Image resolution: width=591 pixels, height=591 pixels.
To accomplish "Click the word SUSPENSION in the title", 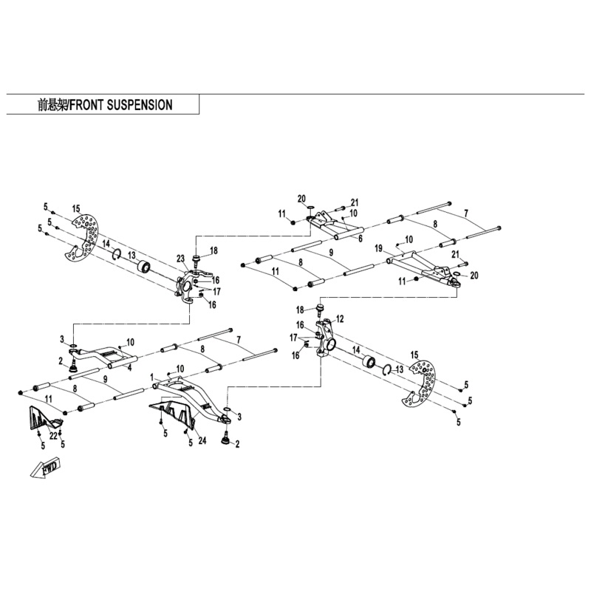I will coord(140,105).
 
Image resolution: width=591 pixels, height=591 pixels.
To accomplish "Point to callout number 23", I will coord(180,258).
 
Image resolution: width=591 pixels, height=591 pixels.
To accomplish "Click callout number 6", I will coord(360,239).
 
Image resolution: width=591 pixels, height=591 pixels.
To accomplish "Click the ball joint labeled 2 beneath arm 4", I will coord(74,366).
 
